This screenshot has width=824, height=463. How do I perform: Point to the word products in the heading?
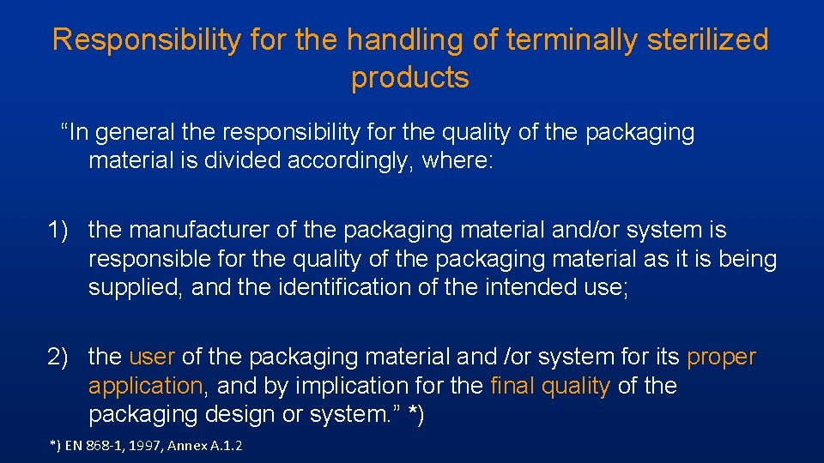tap(410, 78)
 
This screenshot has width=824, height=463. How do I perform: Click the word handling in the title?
tap(403, 40)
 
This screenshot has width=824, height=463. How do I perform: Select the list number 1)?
tap(63, 231)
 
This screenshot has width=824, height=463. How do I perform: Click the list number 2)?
tap(63, 357)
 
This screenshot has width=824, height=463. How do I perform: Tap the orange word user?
tap(152, 357)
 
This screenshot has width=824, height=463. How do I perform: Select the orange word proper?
tap(722, 357)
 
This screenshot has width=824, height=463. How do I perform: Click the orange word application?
tap(145, 386)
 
